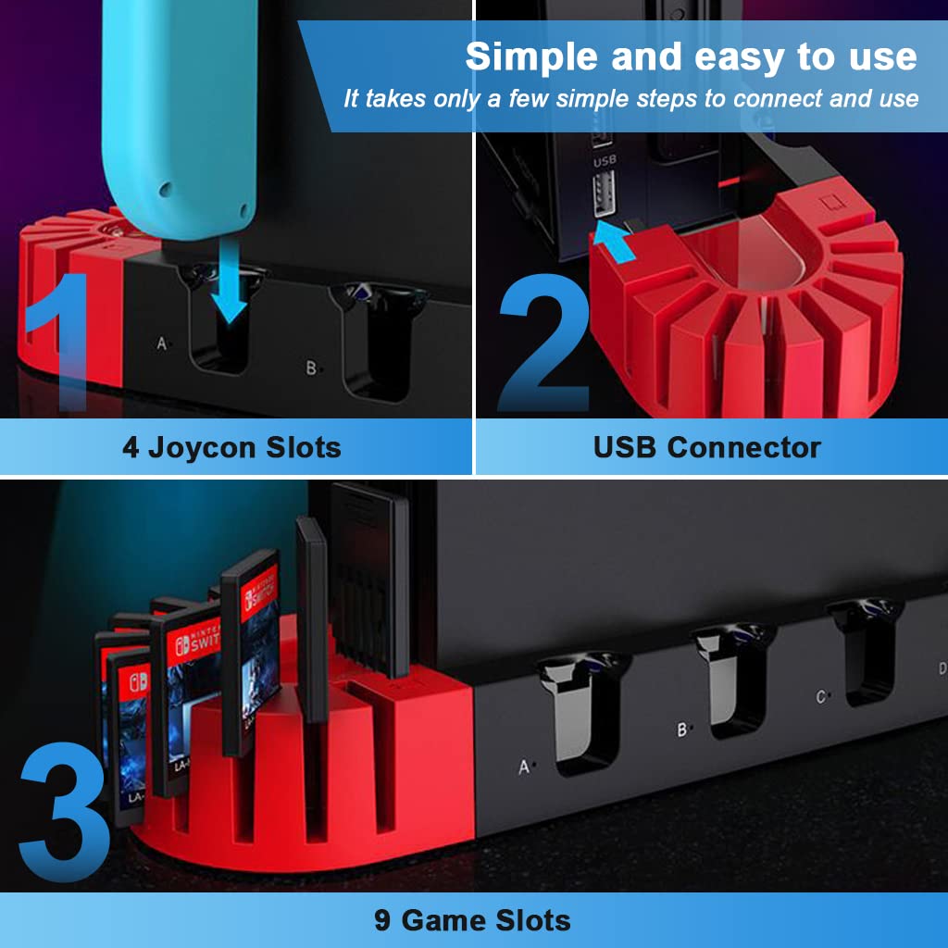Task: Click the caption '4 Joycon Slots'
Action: click(x=231, y=448)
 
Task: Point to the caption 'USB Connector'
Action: click(x=706, y=448)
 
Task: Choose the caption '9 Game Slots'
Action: click(x=472, y=920)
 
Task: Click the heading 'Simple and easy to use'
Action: click(x=691, y=57)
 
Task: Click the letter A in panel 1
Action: click(x=161, y=343)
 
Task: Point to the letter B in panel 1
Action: click(x=311, y=368)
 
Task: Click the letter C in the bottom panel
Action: click(x=820, y=697)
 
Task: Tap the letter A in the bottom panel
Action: click(x=524, y=767)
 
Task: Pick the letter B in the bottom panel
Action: click(x=682, y=730)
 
